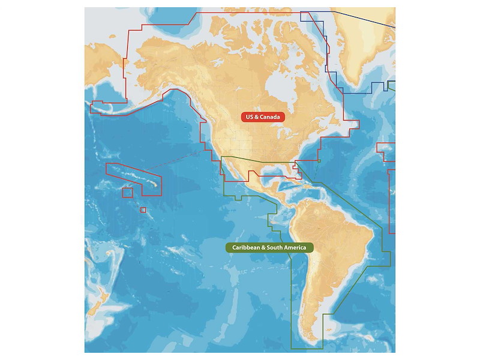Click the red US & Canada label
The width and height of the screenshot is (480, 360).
(263, 117)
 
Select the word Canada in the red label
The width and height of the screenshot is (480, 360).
(270, 117)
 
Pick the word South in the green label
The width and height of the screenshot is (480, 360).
(273, 247)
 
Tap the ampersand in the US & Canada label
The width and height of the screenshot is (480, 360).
(256, 117)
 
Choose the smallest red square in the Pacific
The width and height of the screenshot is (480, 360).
(143, 209)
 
